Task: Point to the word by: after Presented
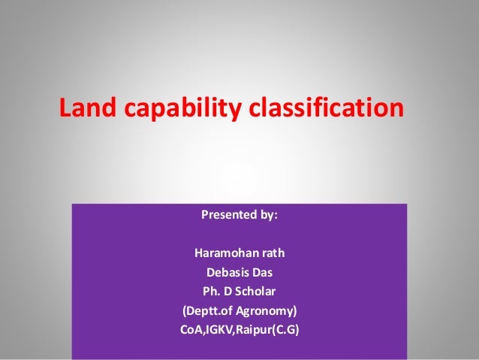coord(267,215)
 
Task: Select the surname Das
coord(262,271)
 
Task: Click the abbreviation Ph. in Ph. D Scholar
coord(211,290)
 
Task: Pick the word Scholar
coord(259,290)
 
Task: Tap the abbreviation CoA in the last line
coord(191,329)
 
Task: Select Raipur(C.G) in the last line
coord(268,329)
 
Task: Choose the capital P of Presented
coord(205,215)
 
